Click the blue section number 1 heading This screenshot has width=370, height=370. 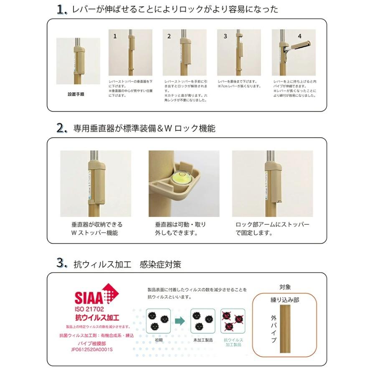point(62,10)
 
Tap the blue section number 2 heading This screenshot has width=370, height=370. point(62,128)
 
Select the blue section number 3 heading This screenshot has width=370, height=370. point(62,264)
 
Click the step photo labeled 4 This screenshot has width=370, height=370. point(293,52)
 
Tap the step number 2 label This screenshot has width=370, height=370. point(169,36)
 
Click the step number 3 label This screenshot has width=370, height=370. point(225,36)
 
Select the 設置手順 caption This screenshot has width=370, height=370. point(76,94)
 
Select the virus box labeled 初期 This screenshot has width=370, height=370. point(159,321)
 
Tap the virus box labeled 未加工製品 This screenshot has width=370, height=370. point(203,321)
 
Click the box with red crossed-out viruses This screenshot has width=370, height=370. point(233,321)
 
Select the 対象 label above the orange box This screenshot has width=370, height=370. point(285,287)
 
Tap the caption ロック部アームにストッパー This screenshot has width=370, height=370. point(272,225)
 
